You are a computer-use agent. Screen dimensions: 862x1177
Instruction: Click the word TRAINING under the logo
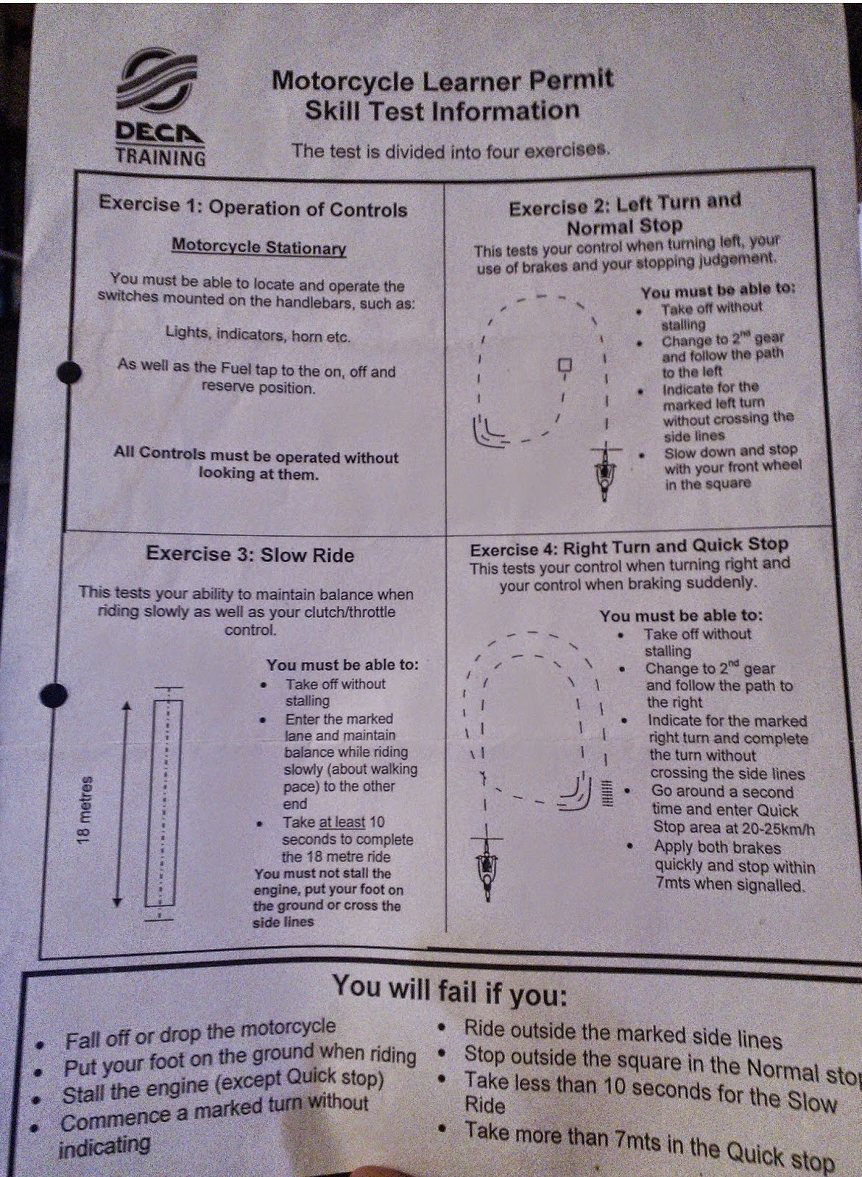coord(160,157)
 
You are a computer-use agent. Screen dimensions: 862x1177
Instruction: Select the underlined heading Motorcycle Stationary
coord(259,246)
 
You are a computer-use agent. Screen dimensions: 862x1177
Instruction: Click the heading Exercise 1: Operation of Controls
coord(253,207)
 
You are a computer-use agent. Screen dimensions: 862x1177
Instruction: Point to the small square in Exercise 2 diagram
coord(565,364)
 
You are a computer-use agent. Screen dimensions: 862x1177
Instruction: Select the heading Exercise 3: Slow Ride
coord(250,554)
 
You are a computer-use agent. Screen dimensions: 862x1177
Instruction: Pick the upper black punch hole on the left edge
coord(69,372)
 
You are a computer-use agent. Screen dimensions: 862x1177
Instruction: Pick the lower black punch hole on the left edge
coord(54,695)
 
